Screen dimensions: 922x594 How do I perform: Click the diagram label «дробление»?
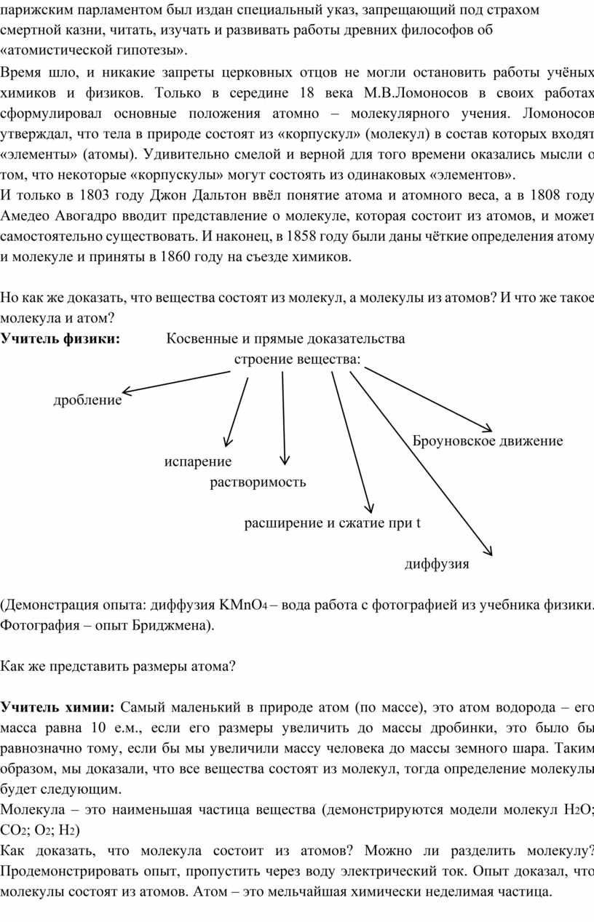point(87,400)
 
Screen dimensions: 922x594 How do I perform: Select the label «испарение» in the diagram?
point(198,461)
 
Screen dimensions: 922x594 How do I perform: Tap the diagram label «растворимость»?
point(258,482)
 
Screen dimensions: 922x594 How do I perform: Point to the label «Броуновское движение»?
point(488,440)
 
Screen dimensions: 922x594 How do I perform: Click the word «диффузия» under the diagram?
point(437,564)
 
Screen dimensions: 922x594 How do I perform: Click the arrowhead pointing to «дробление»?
point(125,392)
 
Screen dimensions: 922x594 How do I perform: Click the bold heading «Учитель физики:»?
point(60,338)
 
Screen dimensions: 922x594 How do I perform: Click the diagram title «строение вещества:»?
point(297,359)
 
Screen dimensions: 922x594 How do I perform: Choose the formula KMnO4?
point(242,605)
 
